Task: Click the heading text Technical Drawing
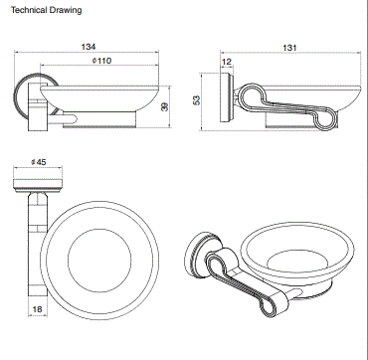coord(46,10)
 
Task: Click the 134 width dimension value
coord(89,47)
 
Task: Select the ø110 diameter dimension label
coord(102,61)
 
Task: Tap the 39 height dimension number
coord(164,106)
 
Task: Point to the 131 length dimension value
coord(289,48)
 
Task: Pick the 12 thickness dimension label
coord(227,62)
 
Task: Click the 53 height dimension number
coord(197,100)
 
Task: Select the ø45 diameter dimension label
coord(38,162)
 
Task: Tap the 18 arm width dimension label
coord(38,309)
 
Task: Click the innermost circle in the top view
coord(99,229)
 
